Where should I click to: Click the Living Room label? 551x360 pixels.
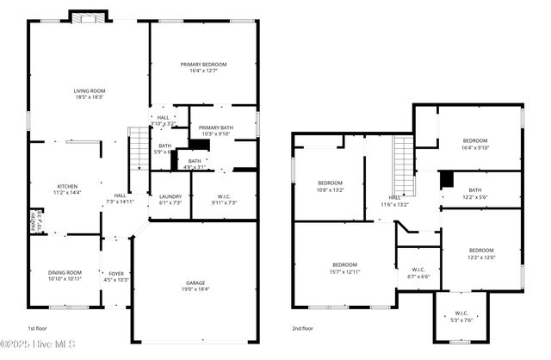(x=88, y=93)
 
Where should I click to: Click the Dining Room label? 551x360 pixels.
(x=65, y=276)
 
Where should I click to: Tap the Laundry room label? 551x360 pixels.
(x=170, y=199)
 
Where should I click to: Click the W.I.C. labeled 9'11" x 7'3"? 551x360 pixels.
(x=224, y=199)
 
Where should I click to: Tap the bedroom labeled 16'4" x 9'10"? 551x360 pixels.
(x=475, y=144)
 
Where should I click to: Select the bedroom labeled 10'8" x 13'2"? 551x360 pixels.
(x=331, y=186)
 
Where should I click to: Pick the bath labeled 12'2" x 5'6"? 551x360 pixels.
(x=475, y=194)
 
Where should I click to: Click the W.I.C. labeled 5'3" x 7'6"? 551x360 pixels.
(x=461, y=316)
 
